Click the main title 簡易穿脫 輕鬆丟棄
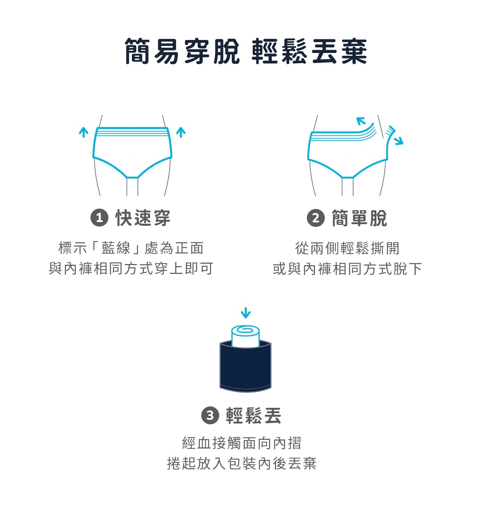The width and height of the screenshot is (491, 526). coord(245,51)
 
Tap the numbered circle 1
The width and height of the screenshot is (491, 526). coord(99,218)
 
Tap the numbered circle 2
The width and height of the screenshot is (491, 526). coord(316,218)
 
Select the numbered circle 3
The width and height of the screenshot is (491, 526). coord(210,416)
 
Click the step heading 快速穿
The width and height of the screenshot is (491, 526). coord(143,218)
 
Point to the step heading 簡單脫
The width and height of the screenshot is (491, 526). coord(359,218)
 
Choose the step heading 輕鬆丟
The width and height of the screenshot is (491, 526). coord(253,416)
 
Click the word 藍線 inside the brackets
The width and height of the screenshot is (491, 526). coord(116,248)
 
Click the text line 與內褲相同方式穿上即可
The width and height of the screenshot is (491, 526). coord(131,268)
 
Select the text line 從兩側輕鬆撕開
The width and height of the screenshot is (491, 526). coord(347,248)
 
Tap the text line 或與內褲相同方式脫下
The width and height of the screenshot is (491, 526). coord(347,269)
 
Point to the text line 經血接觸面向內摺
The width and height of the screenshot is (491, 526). coord(242,443)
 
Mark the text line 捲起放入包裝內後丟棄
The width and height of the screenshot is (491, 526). coord(242,464)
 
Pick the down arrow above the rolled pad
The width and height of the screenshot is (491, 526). coord(245,313)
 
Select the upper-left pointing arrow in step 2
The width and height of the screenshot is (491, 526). coord(361,121)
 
